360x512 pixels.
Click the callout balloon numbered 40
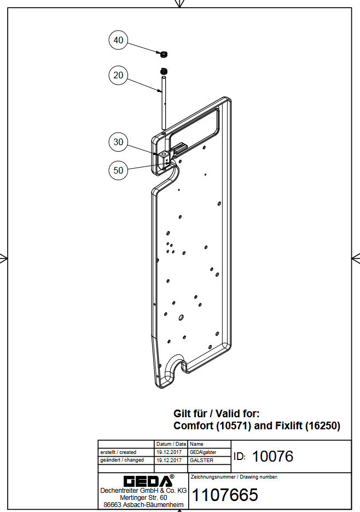click(x=118, y=40)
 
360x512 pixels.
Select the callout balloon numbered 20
click(x=118, y=75)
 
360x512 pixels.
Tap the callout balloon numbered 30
click(x=118, y=142)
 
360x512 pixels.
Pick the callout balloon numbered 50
click(x=118, y=170)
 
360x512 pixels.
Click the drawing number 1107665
click(x=226, y=495)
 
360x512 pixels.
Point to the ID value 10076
click(x=272, y=456)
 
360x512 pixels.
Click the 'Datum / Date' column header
click(x=171, y=444)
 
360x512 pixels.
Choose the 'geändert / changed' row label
click(x=122, y=461)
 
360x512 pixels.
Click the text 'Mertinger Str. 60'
click(x=143, y=497)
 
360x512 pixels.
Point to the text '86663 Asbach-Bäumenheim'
click(x=143, y=504)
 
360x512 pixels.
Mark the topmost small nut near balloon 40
click(x=162, y=54)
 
